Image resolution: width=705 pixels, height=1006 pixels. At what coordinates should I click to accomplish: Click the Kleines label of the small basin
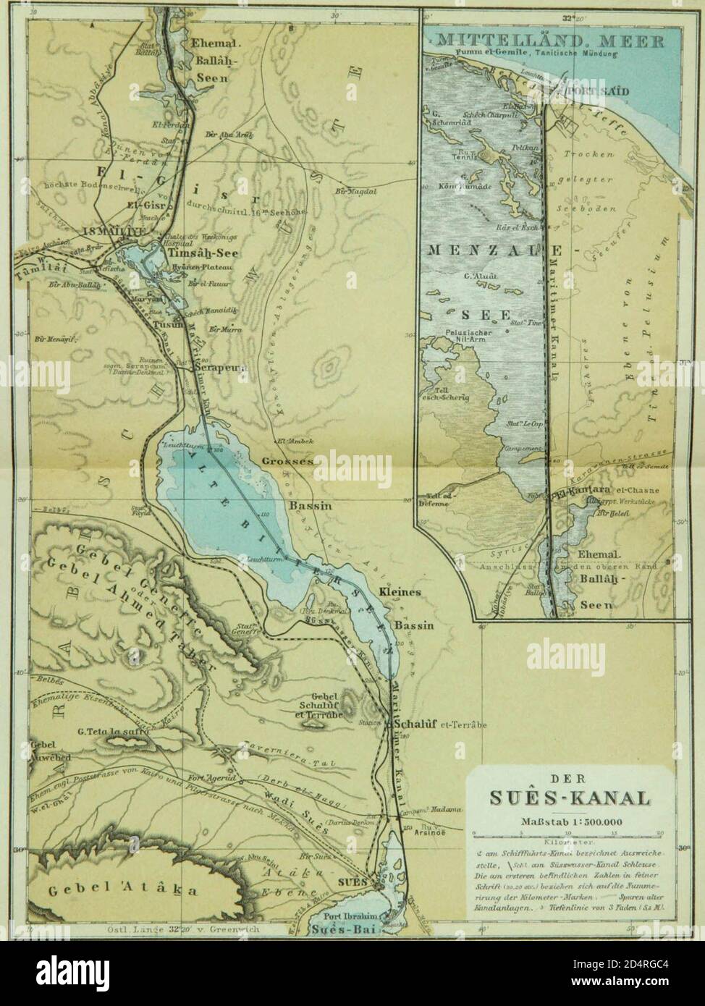tap(400, 592)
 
